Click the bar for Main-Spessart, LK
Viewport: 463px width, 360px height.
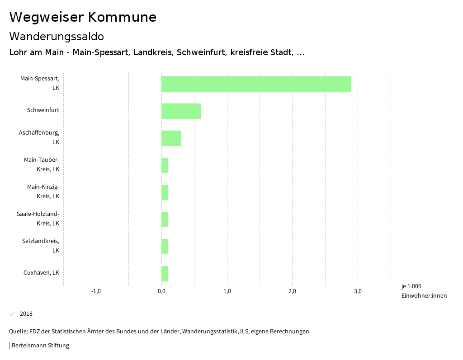click(256, 84)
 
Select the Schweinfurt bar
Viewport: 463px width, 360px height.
click(181, 111)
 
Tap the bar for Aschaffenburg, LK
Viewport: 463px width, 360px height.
click(171, 138)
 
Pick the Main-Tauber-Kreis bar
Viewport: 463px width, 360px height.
click(165, 165)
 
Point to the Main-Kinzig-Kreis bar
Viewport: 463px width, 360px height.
click(165, 192)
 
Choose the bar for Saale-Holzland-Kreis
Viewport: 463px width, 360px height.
click(165, 220)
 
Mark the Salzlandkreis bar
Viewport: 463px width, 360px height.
click(165, 247)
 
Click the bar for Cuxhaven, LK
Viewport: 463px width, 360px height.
click(165, 274)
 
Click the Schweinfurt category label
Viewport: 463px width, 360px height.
click(43, 110)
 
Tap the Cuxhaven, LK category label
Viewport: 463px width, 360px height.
click(41, 273)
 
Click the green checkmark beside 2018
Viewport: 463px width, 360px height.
click(12, 314)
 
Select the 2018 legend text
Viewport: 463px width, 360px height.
click(26, 314)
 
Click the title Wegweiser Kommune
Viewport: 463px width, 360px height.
click(83, 17)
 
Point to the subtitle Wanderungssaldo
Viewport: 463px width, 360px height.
click(57, 36)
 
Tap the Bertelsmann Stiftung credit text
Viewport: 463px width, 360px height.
click(40, 346)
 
